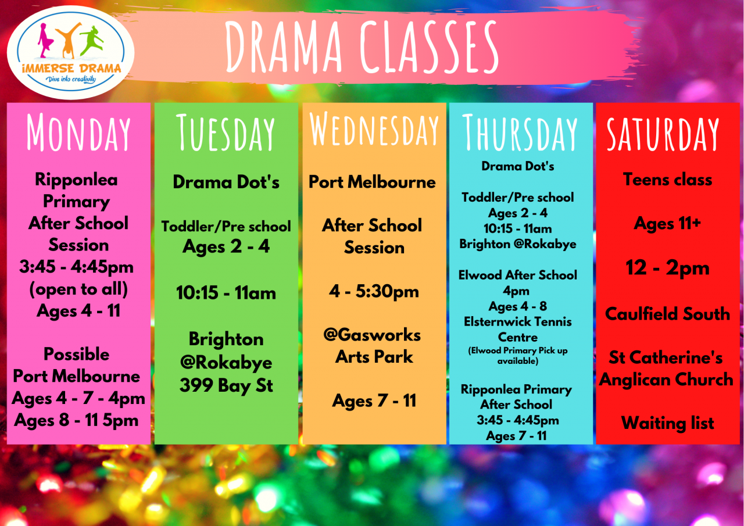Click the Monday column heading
[78, 133]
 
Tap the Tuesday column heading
[226, 133]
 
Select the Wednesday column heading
[374, 129]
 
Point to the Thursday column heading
[520, 132]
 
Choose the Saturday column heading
[663, 134]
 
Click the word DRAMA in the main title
[284, 46]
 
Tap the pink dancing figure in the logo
[46, 41]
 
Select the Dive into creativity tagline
[71, 79]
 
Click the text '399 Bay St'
[226, 386]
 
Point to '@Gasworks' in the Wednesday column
[372, 335]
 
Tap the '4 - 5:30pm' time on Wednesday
[374, 292]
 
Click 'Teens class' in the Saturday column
[668, 180]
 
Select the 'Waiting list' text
[668, 423]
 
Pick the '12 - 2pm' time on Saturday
[668, 267]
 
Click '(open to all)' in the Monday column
[78, 289]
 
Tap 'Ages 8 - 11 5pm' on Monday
[76, 420]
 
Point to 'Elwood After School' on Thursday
[518, 275]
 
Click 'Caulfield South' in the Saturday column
[668, 313]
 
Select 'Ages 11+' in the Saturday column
[668, 223]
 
